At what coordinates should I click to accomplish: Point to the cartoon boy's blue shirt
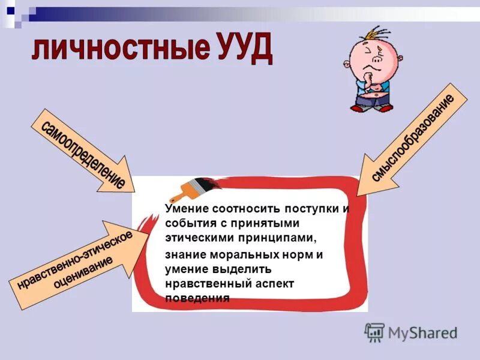(383, 90)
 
